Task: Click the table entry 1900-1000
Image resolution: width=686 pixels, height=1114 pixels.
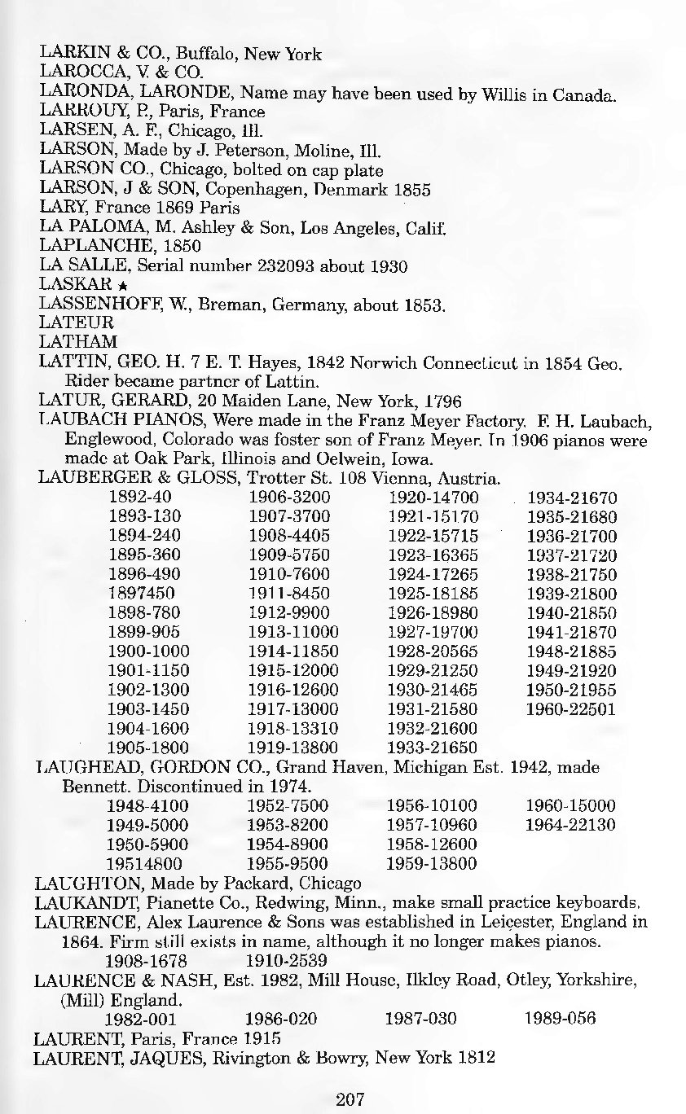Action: click(x=149, y=651)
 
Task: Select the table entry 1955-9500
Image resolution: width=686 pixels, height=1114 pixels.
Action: click(x=288, y=862)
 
